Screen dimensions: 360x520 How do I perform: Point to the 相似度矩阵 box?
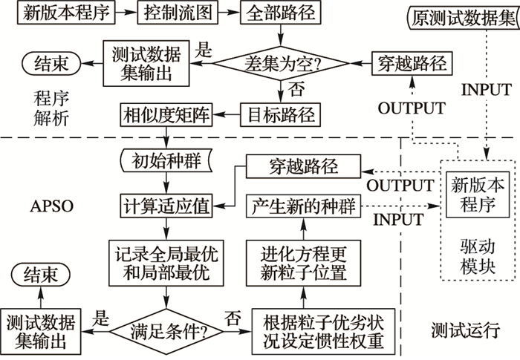(x=168, y=114)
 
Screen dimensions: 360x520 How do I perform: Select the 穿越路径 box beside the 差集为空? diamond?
(x=411, y=64)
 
